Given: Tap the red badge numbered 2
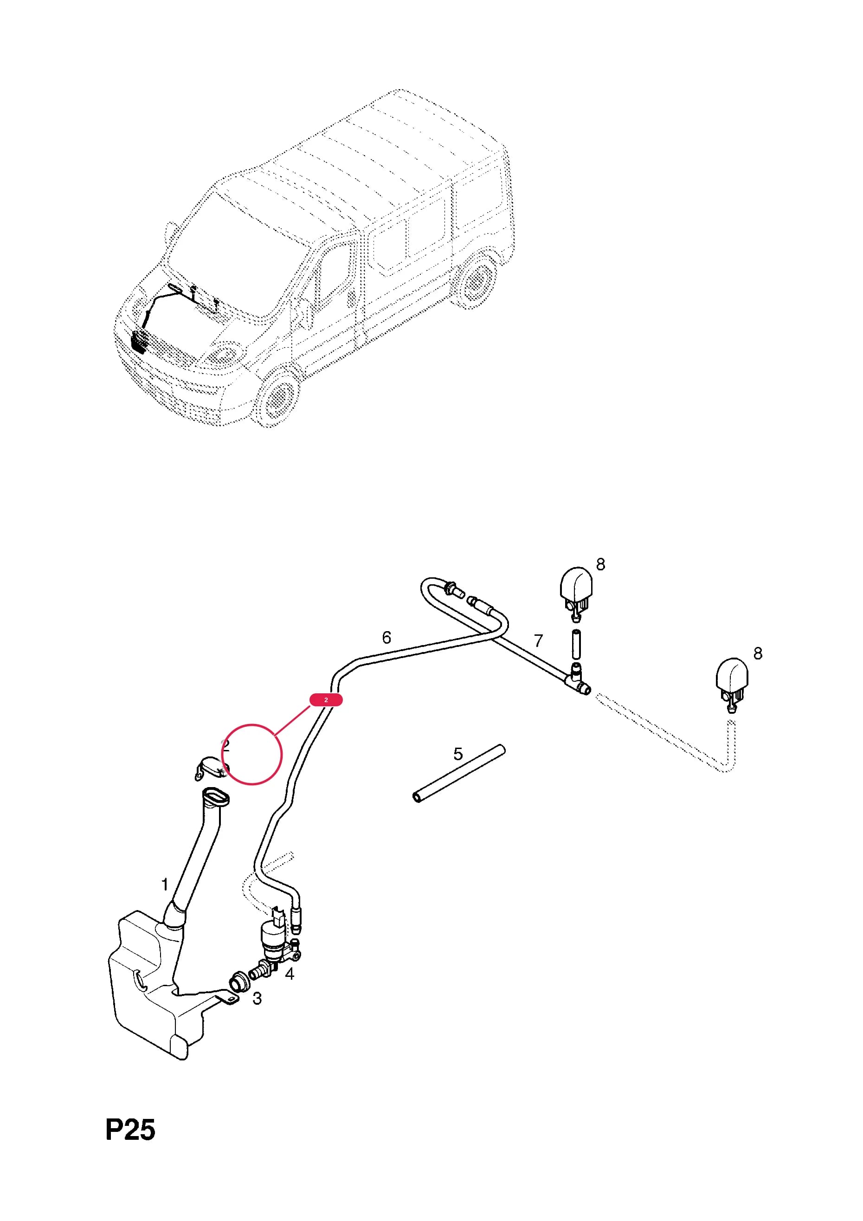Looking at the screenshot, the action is pyautogui.click(x=326, y=700).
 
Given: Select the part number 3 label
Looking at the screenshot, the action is pyautogui.click(x=258, y=998).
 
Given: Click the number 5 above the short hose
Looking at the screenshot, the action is pyautogui.click(x=458, y=754).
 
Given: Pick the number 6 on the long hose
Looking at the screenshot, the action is pyautogui.click(x=386, y=637).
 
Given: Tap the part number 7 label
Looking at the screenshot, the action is pyautogui.click(x=539, y=641).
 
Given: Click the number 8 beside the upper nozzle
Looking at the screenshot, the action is pyautogui.click(x=601, y=564).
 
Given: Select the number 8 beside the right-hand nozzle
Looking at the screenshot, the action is pyautogui.click(x=758, y=653).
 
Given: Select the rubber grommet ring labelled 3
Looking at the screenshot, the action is pyautogui.click(x=240, y=982).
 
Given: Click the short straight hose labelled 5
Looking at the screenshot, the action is pyautogui.click(x=458, y=773).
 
